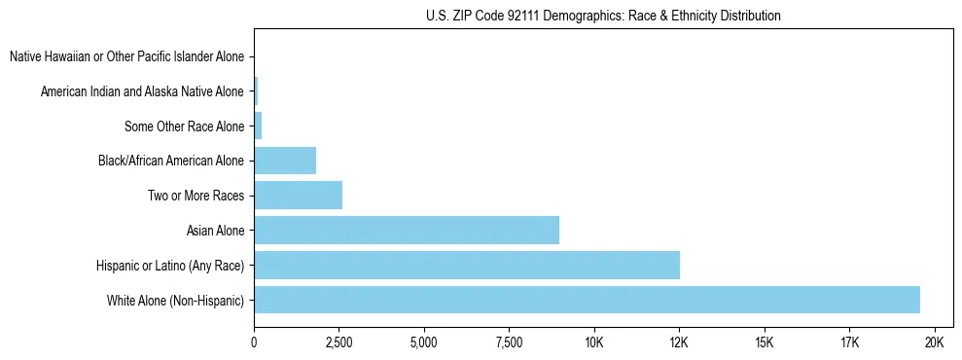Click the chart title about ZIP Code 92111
[x=603, y=16]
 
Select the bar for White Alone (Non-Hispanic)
[x=587, y=300]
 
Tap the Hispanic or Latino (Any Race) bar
[x=467, y=265]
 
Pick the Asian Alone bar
[x=407, y=231]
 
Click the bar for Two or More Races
[x=298, y=196]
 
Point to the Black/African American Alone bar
[x=285, y=161]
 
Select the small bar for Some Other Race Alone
[x=258, y=126]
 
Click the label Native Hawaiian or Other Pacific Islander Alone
[x=126, y=56]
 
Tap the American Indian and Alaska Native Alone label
[x=142, y=91]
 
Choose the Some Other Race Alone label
[x=184, y=126]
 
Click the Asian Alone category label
[x=215, y=231]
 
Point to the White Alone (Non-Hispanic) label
[x=175, y=301]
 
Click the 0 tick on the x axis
[x=254, y=342]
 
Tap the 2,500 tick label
[x=338, y=342]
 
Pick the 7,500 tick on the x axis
[x=509, y=342]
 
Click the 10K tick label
[x=593, y=342]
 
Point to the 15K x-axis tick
[x=764, y=342]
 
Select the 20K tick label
[x=934, y=342]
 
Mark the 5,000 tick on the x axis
[x=424, y=342]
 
